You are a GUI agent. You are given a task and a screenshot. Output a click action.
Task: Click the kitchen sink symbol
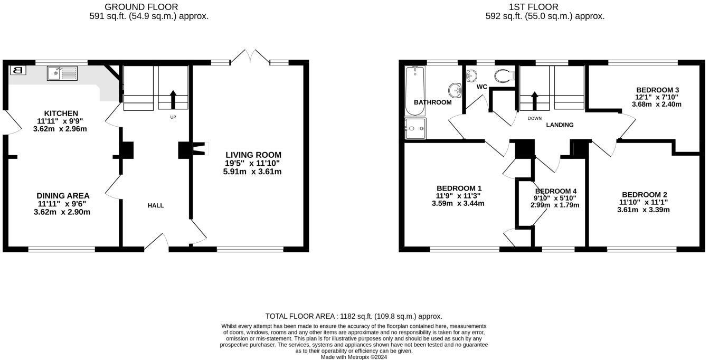[x=62, y=73]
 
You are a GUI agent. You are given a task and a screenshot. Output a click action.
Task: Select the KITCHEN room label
[x=61, y=113]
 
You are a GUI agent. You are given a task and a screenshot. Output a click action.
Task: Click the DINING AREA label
[x=63, y=196]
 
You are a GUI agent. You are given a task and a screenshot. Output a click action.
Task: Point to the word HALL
[x=156, y=205]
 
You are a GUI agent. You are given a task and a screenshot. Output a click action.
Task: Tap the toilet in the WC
[x=505, y=76]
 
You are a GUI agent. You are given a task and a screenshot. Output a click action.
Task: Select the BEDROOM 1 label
[x=459, y=188]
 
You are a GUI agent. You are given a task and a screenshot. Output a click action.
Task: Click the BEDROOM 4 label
[x=555, y=191]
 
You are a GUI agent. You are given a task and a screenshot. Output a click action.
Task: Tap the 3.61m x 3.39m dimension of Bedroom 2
[x=644, y=210]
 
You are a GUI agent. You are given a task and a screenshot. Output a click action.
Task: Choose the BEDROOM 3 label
[x=657, y=90]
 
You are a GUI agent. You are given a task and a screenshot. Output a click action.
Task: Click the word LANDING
[x=560, y=125]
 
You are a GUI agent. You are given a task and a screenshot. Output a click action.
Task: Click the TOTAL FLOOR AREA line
[x=354, y=316]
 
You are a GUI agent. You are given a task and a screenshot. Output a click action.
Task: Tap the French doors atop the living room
[x=250, y=56]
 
